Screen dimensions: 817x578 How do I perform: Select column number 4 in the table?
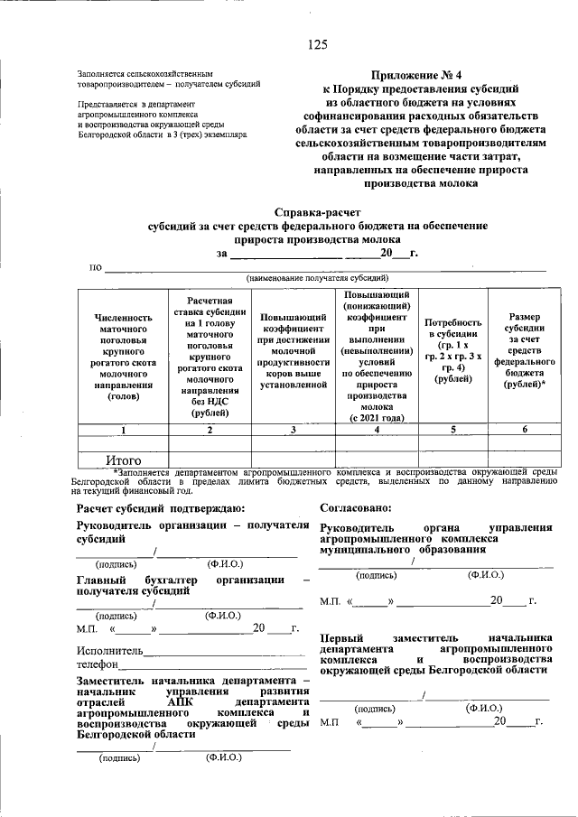click(377, 429)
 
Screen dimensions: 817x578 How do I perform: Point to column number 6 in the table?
click(525, 429)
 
